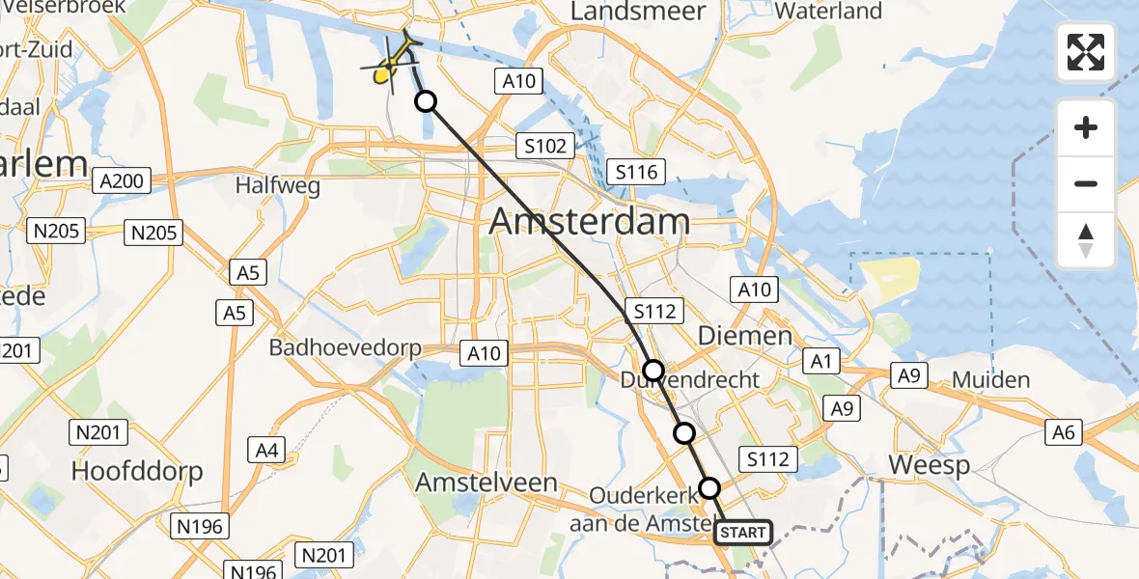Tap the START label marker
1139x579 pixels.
742,533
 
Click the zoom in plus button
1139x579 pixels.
1086,127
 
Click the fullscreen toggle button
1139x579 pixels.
1086,52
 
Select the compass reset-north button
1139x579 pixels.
1086,240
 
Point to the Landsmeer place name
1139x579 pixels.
638,12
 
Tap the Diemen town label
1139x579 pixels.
732,337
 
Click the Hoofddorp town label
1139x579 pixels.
137,471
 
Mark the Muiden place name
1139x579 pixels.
991,379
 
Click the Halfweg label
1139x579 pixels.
278,186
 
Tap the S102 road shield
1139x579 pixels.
545,146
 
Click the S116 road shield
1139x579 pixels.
636,173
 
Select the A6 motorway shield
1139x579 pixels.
1064,433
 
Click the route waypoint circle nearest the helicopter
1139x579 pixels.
425,101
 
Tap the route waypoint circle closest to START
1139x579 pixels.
709,488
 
